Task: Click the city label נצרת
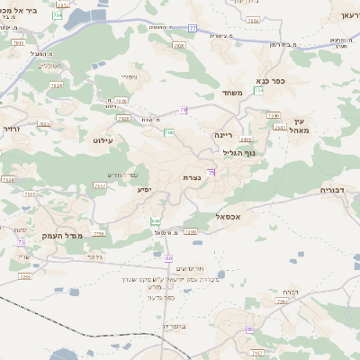pyautogui.click(x=191, y=178)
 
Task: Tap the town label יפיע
pyautogui.click(x=144, y=189)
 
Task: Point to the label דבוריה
pyautogui.click(x=338, y=191)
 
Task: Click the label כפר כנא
pyautogui.click(x=271, y=80)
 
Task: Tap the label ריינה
pyautogui.click(x=223, y=134)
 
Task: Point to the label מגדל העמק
pyautogui.click(x=87, y=234)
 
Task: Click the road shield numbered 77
pyautogui.click(x=193, y=28)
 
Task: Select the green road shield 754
pyautogui.click(x=258, y=90)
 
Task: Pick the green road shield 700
pyautogui.click(x=168, y=133)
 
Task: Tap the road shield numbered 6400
pyautogui.click(x=246, y=140)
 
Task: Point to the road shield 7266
pyautogui.click(x=280, y=302)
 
